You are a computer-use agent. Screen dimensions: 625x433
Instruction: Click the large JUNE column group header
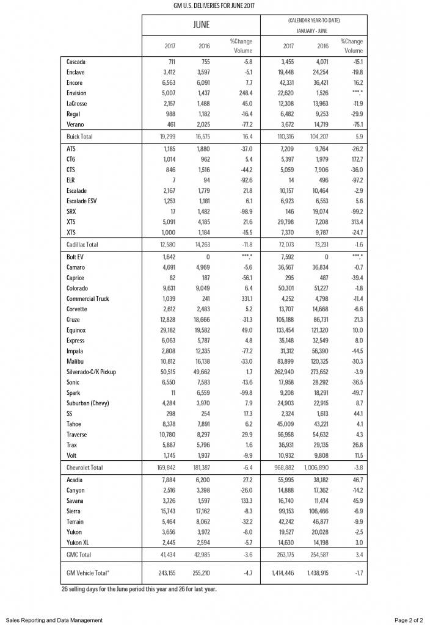[x=201, y=25]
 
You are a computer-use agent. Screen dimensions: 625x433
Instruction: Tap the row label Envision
[x=77, y=93]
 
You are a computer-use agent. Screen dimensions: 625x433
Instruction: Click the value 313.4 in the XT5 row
[x=357, y=222]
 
